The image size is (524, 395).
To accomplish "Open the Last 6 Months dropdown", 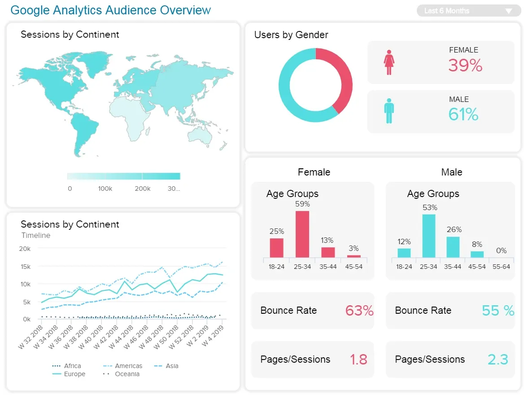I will coord(469,11).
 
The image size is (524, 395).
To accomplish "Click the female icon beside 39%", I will coord(389,62).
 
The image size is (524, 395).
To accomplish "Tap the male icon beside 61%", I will coord(389,111).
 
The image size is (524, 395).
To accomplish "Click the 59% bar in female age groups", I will coord(302,234).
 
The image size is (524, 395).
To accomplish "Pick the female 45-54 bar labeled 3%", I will coord(354,256).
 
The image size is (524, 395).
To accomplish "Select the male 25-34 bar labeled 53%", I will coord(428,236).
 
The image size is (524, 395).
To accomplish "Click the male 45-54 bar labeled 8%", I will coord(477,254).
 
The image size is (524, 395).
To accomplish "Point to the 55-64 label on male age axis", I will coord(501,267).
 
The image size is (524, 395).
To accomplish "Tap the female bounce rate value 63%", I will coord(359,311).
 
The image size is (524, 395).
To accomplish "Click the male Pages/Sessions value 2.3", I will coord(498,360).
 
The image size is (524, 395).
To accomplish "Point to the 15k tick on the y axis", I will coord(25,267).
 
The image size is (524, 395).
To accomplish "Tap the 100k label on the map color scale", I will coord(105,189).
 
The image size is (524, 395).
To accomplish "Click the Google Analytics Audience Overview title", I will coord(110,10).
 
